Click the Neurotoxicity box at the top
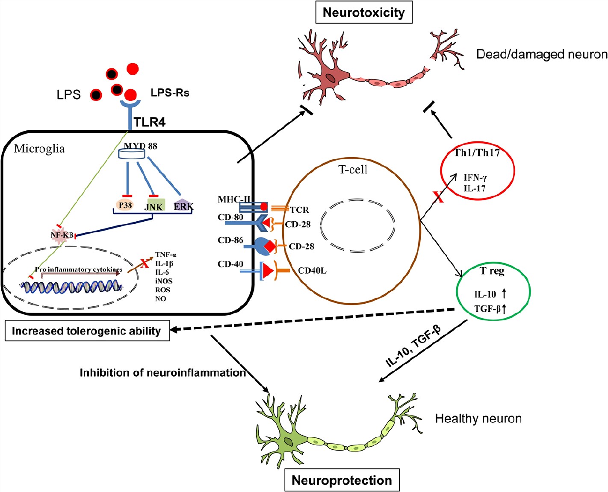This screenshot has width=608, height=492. pyautogui.click(x=363, y=13)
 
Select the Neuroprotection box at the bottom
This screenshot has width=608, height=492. pyautogui.click(x=342, y=480)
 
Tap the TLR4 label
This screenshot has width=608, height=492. pyautogui.click(x=149, y=122)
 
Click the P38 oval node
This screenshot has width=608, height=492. pyautogui.click(x=125, y=205)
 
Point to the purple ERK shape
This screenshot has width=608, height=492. pyautogui.click(x=183, y=205)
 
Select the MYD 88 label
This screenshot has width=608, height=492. pyautogui.click(x=141, y=146)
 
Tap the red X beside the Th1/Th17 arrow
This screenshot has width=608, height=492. pyautogui.click(x=438, y=197)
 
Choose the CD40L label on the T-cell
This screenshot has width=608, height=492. pyautogui.click(x=312, y=270)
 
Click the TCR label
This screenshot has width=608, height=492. pyautogui.click(x=299, y=210)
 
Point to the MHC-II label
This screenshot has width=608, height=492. pyautogui.click(x=234, y=199)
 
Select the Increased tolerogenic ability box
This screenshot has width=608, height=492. pyautogui.click(x=87, y=331)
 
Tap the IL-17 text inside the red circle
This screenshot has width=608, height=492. pyautogui.click(x=475, y=188)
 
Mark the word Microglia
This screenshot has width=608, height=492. pyautogui.click(x=39, y=149)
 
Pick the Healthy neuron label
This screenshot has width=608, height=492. pyautogui.click(x=478, y=418)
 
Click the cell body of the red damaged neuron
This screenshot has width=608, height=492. pyautogui.click(x=330, y=78)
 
